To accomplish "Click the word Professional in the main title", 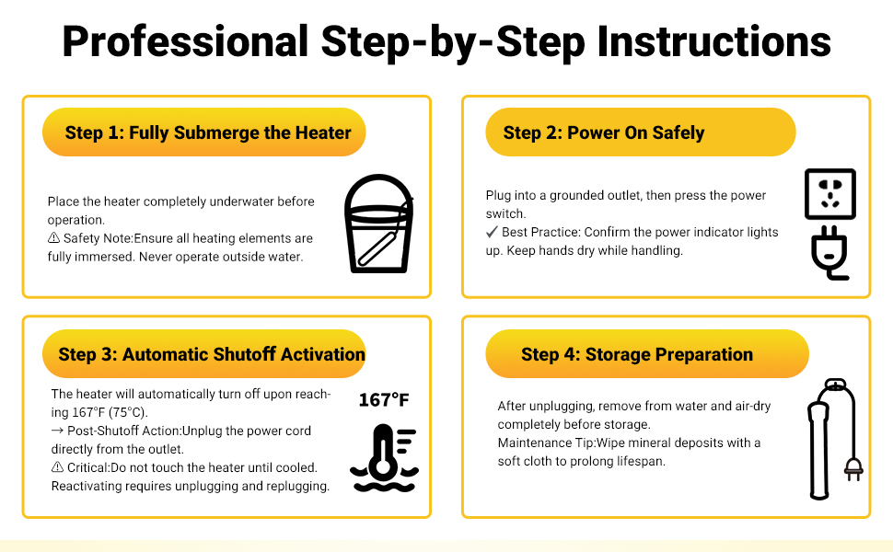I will (x=184, y=41).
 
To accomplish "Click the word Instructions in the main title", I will (x=713, y=41).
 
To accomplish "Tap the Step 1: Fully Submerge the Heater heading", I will (x=207, y=132).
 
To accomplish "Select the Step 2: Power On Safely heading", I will (x=603, y=132).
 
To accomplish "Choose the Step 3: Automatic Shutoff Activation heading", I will (x=211, y=354).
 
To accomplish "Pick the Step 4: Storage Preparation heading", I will (x=636, y=354).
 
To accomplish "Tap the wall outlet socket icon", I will (x=829, y=193).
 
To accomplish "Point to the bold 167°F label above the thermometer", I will (x=383, y=399).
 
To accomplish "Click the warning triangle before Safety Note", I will (x=53, y=238).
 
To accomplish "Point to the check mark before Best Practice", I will (x=492, y=232).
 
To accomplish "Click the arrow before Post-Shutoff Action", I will (x=57, y=431).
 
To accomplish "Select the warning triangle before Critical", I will (x=57, y=467).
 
